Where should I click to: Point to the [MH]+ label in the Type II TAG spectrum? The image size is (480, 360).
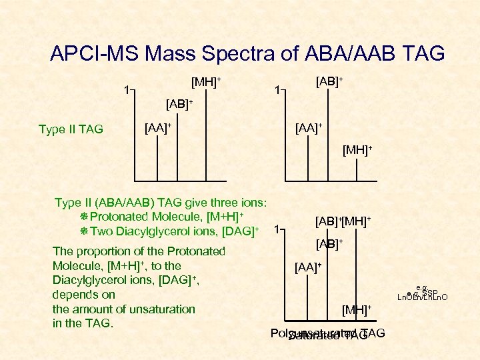[206, 82]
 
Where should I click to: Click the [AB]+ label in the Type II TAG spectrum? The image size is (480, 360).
[179, 104]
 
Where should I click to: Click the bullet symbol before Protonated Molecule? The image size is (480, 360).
[84, 217]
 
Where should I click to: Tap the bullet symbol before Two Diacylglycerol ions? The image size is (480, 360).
[84, 232]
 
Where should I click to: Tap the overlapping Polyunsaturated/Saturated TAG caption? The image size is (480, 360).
[328, 334]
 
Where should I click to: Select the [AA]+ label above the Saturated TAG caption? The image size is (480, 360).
[308, 267]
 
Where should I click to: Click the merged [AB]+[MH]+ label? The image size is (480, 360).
[343, 220]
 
